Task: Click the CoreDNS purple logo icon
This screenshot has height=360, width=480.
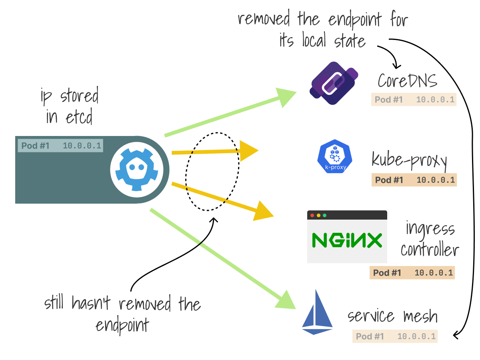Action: pos(333,83)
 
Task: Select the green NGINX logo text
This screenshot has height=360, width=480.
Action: pos(347,240)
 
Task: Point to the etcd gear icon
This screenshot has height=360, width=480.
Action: pos(140,169)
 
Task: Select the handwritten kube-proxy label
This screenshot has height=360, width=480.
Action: pos(409,160)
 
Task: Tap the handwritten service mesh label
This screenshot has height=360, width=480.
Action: pos(392,316)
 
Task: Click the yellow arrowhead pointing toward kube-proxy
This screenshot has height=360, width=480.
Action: pos(248,150)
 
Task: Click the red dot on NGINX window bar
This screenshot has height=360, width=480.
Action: pos(312,215)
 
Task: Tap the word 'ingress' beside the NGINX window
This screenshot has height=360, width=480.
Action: pos(430,229)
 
